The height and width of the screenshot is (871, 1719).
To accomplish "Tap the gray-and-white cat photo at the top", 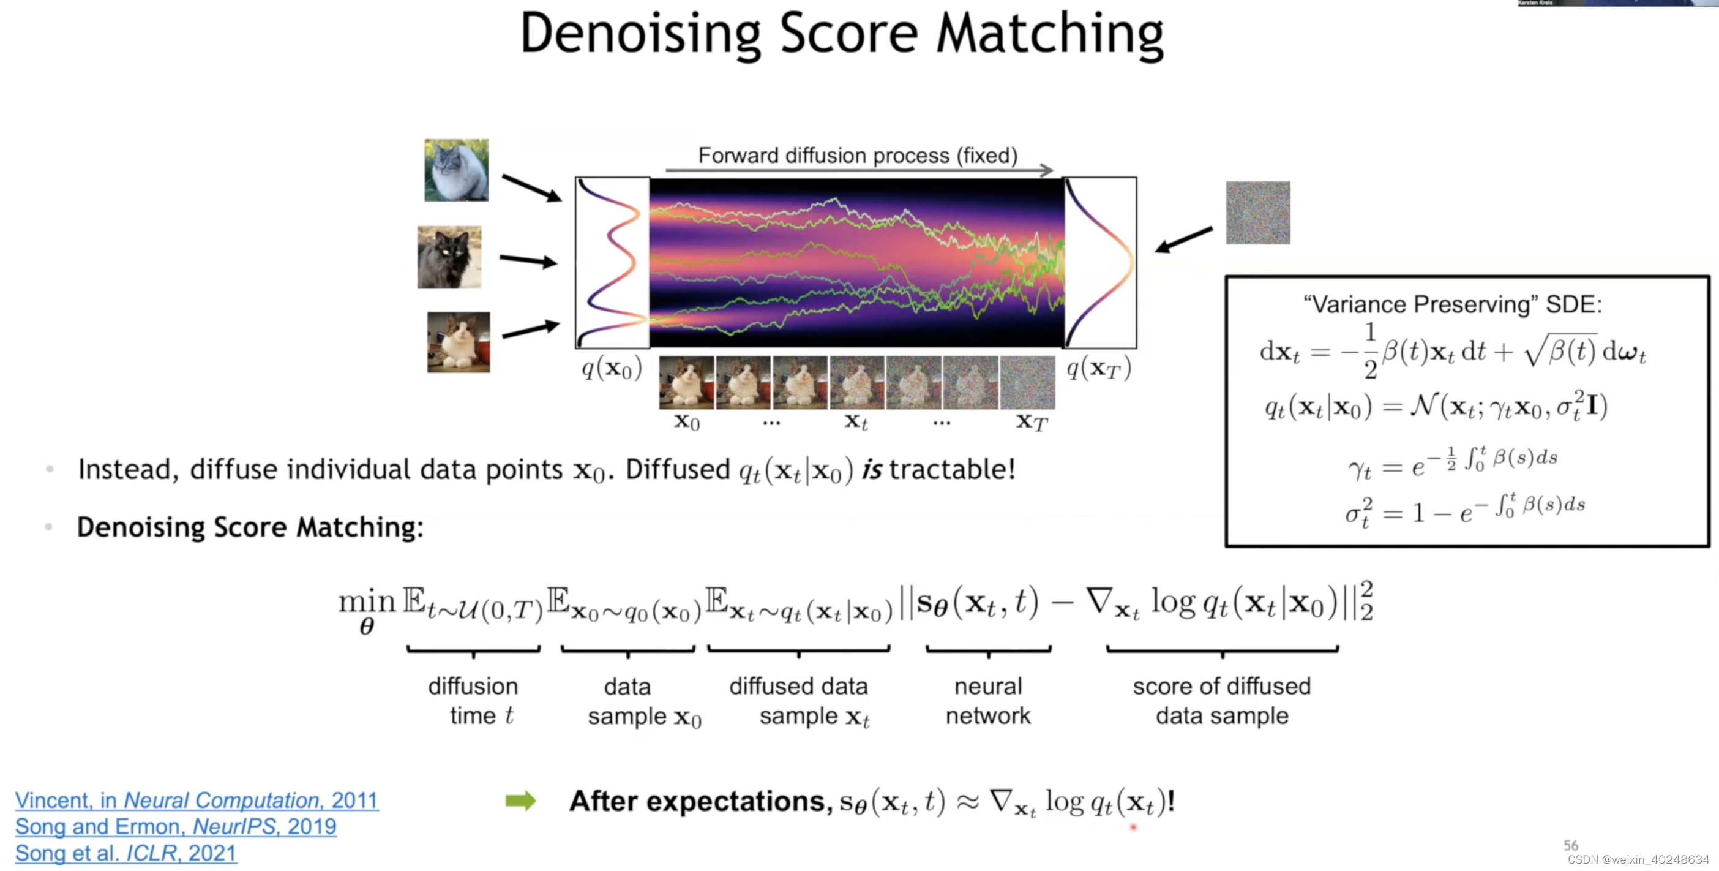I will (457, 170).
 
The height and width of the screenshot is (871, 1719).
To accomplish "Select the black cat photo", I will (449, 258).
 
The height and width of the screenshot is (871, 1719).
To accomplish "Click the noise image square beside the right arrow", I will (1258, 213).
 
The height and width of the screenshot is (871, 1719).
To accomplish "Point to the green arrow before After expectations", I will (520, 800).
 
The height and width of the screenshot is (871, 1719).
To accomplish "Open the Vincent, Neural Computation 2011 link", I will (197, 799).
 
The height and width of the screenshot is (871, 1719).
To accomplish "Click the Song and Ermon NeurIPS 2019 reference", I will (176, 826).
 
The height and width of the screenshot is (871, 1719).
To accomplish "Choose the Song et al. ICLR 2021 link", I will (125, 853).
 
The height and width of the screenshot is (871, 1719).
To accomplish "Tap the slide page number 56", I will (1571, 846).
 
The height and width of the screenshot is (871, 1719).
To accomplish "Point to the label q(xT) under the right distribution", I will (1098, 368).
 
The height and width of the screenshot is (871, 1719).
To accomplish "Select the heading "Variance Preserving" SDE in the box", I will (1453, 304).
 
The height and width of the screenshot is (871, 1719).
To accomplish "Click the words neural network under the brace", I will (987, 701).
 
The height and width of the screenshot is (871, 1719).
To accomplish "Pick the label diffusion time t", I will (474, 701).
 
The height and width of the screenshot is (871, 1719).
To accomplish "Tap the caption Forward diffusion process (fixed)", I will (858, 156).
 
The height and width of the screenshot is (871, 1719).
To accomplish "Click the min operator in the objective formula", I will (366, 603).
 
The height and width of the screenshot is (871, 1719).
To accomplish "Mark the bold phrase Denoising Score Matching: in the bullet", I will (250, 527).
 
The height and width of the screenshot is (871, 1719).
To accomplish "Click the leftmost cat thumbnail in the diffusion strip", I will (686, 382).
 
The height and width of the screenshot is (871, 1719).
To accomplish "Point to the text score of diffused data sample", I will (1222, 701).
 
